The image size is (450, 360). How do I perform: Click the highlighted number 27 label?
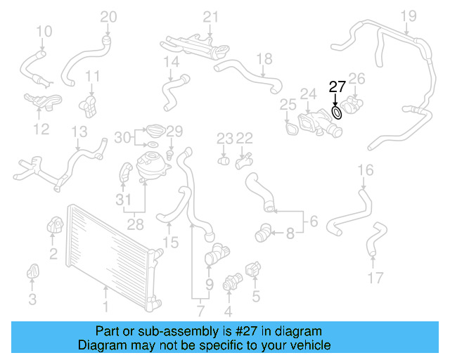pyautogui.click(x=337, y=87)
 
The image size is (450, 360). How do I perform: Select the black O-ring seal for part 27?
pyautogui.click(x=337, y=112)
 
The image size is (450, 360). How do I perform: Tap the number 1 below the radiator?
pyautogui.click(x=105, y=307)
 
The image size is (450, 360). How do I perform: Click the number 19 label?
pyautogui.click(x=409, y=15)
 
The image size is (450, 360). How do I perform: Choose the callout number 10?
pyautogui.click(x=44, y=31)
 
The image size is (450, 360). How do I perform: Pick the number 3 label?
pyautogui.click(x=32, y=300)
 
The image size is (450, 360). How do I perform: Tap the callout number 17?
pyautogui.click(x=375, y=278)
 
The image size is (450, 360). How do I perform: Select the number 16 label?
pyautogui.click(x=366, y=169)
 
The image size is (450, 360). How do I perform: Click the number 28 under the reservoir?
pyautogui.click(x=134, y=225)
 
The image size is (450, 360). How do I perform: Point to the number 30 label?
pyautogui.click(x=122, y=137)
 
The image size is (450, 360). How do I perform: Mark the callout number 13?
pyautogui.click(x=79, y=131)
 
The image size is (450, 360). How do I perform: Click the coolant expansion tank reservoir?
pyautogui.click(x=150, y=165)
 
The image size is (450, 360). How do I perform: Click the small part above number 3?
pyautogui.click(x=32, y=271)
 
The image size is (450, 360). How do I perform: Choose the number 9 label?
pyautogui.click(x=208, y=284)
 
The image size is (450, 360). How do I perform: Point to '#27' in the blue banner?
pyautogui.click(x=250, y=330)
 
